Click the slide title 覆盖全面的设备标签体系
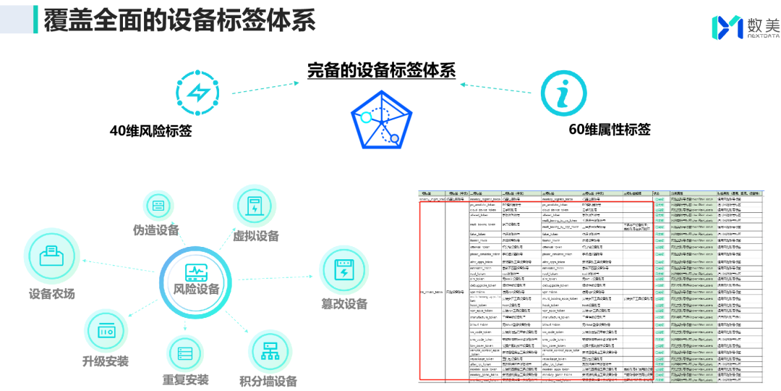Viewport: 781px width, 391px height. click(x=180, y=20)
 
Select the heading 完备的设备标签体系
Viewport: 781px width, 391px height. click(x=381, y=71)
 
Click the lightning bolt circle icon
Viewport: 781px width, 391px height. click(x=197, y=92)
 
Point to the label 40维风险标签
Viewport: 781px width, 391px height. click(x=150, y=130)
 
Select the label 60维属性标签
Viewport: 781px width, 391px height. click(x=610, y=130)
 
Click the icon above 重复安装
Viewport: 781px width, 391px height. click(x=185, y=354)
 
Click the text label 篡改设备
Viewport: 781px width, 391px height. click(x=344, y=304)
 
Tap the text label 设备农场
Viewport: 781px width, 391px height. click(x=51, y=294)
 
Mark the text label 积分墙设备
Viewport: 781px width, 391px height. click(x=268, y=382)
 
